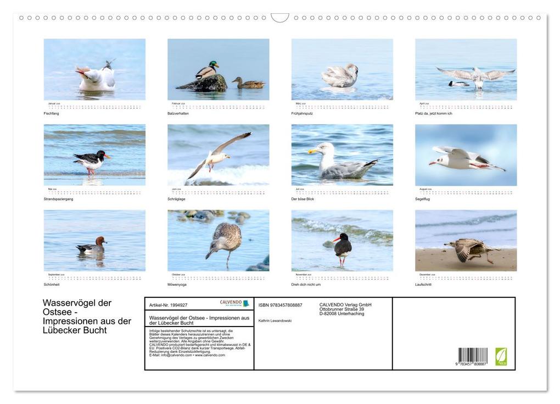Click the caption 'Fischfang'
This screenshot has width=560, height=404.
tap(51, 113)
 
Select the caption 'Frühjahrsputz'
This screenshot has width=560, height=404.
tap(301, 113)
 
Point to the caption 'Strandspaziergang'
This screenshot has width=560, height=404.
tap(58, 199)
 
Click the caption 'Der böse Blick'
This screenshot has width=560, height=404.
tap(303, 199)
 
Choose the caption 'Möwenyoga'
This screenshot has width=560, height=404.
tap(177, 285)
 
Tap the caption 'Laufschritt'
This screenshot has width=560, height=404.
tap(423, 285)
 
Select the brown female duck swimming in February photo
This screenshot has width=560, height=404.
tap(248, 84)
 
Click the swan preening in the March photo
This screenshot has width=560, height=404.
tap(340, 76)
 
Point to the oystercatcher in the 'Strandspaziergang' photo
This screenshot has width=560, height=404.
tap(91, 161)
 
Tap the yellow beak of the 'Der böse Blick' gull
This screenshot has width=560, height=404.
tap(312, 150)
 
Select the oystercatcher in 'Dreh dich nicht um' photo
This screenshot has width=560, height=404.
tap(342, 248)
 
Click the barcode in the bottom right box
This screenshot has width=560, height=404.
tap(472, 356)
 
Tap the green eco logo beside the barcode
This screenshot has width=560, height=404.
tap(501, 356)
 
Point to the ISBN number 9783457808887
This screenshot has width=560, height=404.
tap(280, 305)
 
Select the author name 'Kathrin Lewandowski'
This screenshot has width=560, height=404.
tap(275, 320)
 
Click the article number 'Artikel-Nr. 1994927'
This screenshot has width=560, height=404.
tap(168, 305)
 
